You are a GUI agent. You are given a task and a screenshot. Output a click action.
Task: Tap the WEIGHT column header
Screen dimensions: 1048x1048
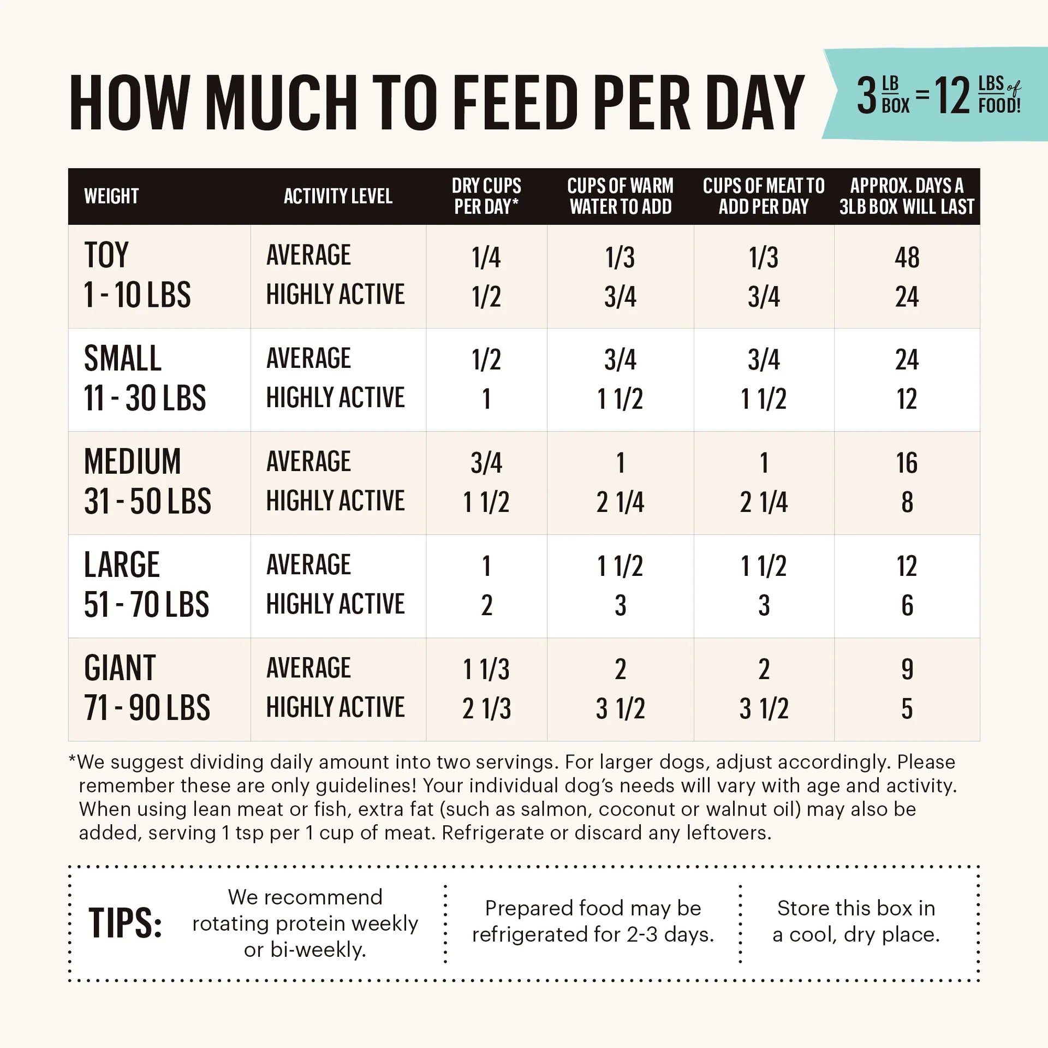tap(111, 196)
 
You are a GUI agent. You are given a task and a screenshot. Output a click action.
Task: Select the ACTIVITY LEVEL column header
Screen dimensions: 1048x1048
tap(338, 196)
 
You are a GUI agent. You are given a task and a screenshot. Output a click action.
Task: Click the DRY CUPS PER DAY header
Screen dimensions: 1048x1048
tap(486, 196)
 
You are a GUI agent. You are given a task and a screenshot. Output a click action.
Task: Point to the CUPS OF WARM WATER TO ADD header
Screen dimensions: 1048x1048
tap(620, 196)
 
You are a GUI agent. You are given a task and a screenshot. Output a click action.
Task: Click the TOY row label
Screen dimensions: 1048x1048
tap(106, 255)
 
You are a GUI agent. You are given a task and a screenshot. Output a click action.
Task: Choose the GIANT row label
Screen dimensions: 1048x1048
tap(120, 668)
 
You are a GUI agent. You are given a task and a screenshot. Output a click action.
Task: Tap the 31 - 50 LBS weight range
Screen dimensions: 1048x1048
tap(147, 501)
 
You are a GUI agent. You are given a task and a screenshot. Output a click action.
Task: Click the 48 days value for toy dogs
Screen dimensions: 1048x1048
tap(907, 258)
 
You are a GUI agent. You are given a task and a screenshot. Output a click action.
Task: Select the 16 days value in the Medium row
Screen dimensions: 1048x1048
tap(907, 463)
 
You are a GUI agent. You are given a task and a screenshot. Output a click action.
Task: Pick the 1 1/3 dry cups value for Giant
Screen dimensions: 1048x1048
tap(486, 670)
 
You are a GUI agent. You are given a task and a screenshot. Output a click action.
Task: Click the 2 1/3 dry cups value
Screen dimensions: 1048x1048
tap(486, 708)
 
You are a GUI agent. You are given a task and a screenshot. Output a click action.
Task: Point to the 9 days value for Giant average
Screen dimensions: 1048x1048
tap(907, 669)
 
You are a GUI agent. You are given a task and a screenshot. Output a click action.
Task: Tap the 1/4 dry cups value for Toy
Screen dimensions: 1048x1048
tap(486, 258)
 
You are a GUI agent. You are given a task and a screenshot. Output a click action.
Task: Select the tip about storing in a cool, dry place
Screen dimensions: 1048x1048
tap(856, 921)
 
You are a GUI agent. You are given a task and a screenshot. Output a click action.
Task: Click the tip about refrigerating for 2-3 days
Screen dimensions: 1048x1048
tap(593, 921)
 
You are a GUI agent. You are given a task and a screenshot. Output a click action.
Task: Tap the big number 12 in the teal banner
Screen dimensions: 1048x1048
tap(952, 96)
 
